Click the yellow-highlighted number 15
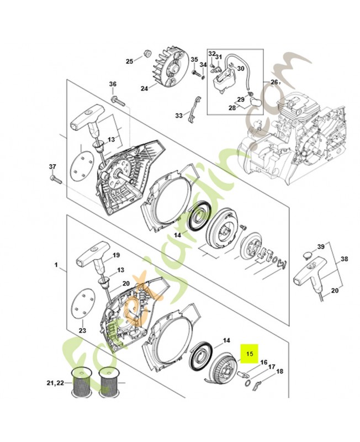[x=250, y=352]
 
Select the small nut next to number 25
[x=147, y=54]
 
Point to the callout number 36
[x=113, y=84]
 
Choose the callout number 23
[x=82, y=330]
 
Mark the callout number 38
[x=344, y=257]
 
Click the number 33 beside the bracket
[x=179, y=115]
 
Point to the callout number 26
[x=274, y=82]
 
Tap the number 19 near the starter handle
[x=116, y=255]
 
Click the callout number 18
[x=279, y=371]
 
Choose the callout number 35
[x=194, y=60]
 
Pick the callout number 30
[x=240, y=68]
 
